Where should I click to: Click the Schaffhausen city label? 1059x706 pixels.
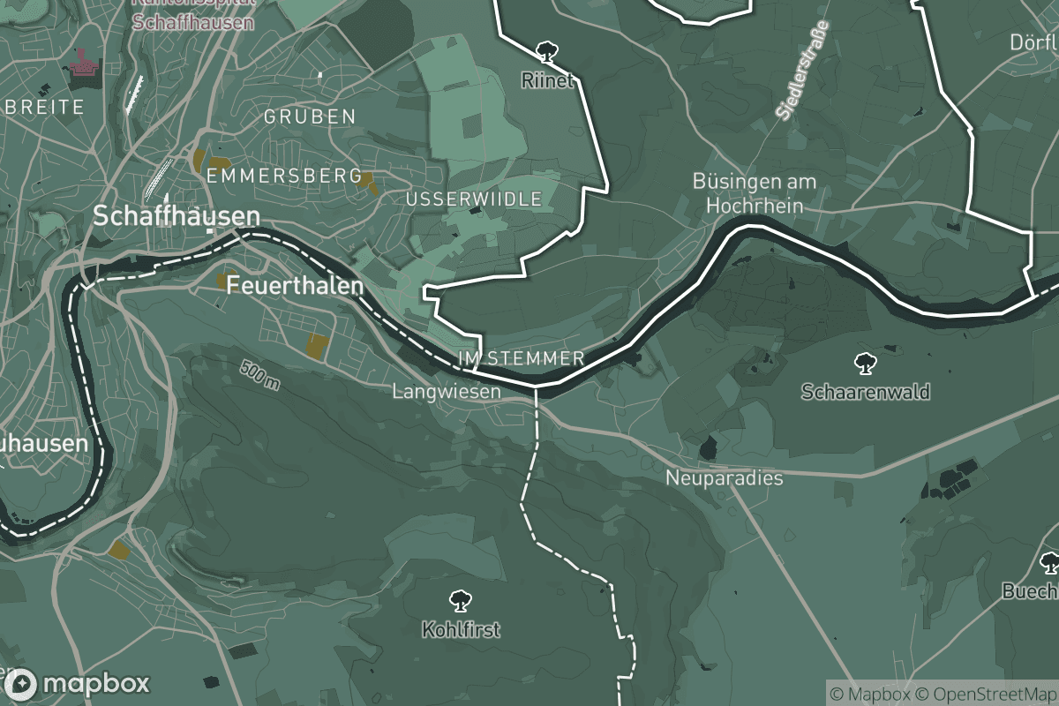click(x=176, y=215)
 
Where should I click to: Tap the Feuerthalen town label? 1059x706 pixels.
click(x=295, y=285)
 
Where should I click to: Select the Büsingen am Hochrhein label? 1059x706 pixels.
click(x=754, y=193)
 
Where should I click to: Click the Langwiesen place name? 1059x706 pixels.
click(x=447, y=390)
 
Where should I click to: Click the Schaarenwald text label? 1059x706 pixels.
click(x=866, y=391)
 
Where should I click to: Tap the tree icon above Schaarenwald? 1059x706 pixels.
click(x=865, y=362)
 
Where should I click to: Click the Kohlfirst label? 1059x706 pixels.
click(x=461, y=629)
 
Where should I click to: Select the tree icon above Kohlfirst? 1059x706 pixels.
click(x=460, y=601)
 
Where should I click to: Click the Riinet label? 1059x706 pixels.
click(x=547, y=80)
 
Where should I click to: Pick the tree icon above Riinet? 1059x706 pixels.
click(x=547, y=50)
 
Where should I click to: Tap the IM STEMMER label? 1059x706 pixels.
click(x=521, y=358)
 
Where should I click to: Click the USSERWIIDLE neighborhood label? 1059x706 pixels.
click(x=474, y=199)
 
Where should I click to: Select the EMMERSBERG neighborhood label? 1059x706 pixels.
click(x=283, y=176)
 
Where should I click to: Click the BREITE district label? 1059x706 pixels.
click(x=44, y=108)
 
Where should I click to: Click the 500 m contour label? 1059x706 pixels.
click(x=259, y=374)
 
